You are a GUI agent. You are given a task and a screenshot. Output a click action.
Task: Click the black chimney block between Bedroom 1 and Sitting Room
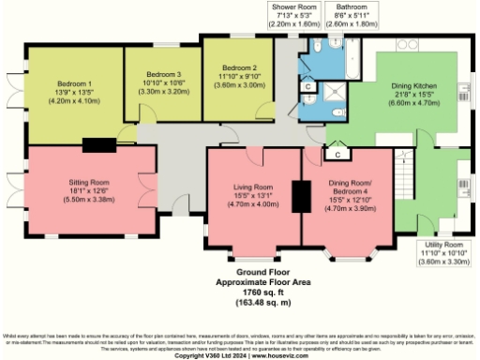click(x=97, y=144)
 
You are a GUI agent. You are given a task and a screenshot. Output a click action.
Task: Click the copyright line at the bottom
click(x=240, y=355)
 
